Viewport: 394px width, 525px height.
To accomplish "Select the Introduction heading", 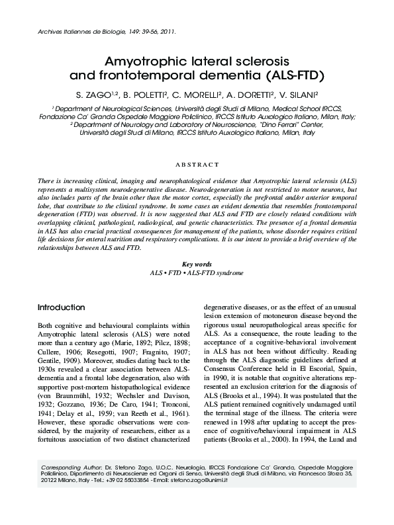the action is click(x=61, y=308).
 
